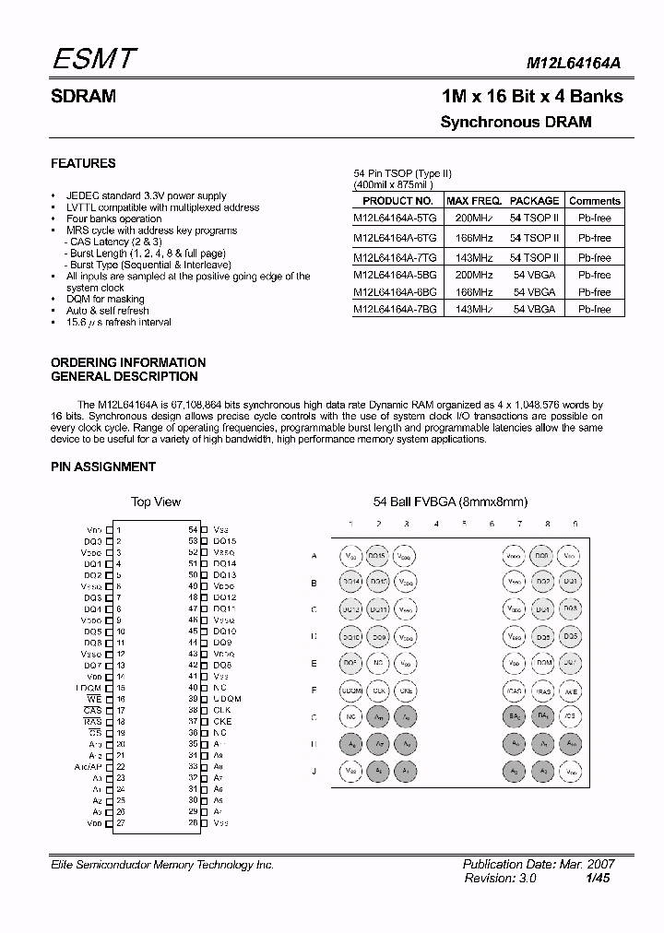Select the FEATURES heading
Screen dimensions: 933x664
click(83, 163)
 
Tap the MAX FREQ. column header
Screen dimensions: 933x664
click(473, 200)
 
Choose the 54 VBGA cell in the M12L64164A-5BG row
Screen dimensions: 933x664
click(534, 275)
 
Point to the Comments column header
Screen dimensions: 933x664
click(594, 200)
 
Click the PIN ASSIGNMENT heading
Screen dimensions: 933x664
click(103, 466)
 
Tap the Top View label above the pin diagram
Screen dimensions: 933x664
click(156, 502)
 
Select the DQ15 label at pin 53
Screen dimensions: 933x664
click(224, 541)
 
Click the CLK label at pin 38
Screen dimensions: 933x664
click(221, 710)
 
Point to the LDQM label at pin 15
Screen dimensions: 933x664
click(89, 688)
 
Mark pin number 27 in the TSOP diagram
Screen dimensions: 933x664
click(120, 822)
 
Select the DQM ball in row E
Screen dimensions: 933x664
click(543, 663)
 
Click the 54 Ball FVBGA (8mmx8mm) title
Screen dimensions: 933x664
click(449, 502)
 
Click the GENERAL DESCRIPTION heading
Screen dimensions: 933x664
click(124, 376)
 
